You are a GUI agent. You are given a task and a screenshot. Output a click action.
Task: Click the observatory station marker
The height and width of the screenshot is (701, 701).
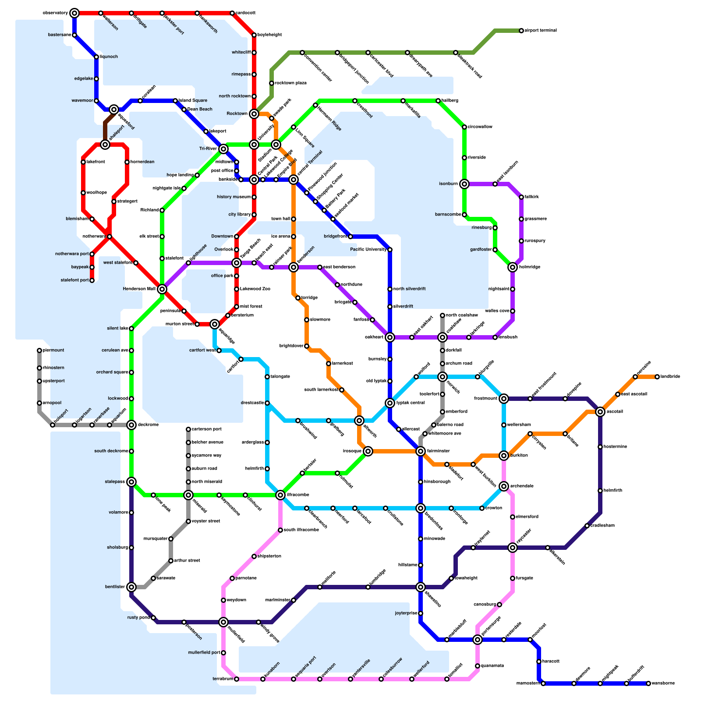coord(74,13)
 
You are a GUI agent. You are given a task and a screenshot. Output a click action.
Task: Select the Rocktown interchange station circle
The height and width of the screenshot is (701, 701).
coord(254,114)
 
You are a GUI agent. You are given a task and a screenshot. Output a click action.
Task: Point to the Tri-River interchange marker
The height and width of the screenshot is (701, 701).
coord(223,149)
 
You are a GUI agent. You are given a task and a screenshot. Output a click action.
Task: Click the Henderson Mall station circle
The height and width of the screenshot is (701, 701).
coord(162,289)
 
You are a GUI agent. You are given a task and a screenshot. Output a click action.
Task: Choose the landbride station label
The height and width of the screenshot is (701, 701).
coord(670,377)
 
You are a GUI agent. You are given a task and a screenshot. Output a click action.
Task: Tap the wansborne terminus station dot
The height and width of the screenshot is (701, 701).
coord(648,683)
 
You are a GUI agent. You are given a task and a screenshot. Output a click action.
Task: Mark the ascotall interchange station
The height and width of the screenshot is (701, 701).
coord(600,412)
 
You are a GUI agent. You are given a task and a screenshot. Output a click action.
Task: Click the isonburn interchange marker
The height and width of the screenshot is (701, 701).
coord(464,184)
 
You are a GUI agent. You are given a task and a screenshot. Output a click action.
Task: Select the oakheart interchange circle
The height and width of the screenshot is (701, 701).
coord(390,337)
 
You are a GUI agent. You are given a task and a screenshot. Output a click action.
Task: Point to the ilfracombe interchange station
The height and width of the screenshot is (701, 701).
coord(280,495)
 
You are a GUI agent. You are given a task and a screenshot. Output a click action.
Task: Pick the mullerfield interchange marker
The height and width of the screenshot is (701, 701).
coord(223,622)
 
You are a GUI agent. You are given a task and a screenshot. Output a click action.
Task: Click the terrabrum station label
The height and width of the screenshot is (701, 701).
coord(223,679)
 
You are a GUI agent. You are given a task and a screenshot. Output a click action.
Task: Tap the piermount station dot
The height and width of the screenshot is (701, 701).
coord(39,350)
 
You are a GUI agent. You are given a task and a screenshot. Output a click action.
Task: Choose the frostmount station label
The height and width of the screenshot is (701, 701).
coord(485,399)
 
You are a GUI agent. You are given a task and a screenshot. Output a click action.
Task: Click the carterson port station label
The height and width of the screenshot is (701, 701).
coord(207,429)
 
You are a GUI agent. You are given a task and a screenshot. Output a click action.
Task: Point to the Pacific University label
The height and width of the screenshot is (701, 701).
coord(368,250)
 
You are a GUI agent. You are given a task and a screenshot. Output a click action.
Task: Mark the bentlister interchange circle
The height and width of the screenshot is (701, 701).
coord(131,587)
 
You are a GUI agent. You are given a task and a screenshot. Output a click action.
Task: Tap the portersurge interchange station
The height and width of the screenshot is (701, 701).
coord(478,640)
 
